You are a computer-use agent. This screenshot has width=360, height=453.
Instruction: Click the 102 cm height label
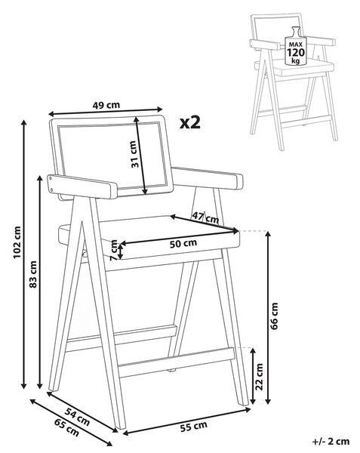pyautogui.click(x=17, y=242)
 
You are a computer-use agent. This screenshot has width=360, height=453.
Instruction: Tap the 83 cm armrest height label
pyautogui.click(x=33, y=274)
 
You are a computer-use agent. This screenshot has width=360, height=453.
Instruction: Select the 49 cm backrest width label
pyautogui.click(x=106, y=105)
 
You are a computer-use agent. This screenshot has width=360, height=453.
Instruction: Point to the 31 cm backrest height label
pyautogui.click(x=135, y=154)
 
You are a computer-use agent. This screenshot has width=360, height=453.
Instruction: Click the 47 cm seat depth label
pyautogui.click(x=205, y=217)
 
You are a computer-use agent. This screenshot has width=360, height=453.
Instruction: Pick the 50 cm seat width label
pyautogui.click(x=183, y=243)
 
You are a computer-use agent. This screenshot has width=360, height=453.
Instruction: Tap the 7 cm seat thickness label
pyautogui.click(x=115, y=251)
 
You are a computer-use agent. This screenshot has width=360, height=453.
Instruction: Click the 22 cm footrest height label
pyautogui.click(x=260, y=377)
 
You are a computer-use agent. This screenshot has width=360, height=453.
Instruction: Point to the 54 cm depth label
pyautogui.click(x=77, y=416)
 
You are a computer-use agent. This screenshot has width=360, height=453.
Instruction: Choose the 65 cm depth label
pyautogui.click(x=66, y=427)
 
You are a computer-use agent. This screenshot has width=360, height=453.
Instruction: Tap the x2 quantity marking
pyautogui.click(x=190, y=123)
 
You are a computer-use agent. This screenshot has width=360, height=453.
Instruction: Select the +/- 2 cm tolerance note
pyautogui.click(x=331, y=442)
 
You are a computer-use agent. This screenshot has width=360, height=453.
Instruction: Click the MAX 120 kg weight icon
pyautogui.click(x=296, y=46)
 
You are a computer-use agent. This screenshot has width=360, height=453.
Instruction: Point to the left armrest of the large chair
pyautogui.click(x=82, y=186)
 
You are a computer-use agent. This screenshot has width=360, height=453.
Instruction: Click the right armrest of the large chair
pyautogui.click(x=208, y=177)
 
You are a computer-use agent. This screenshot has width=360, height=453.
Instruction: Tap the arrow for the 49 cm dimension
pyautogui.click(x=106, y=111)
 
